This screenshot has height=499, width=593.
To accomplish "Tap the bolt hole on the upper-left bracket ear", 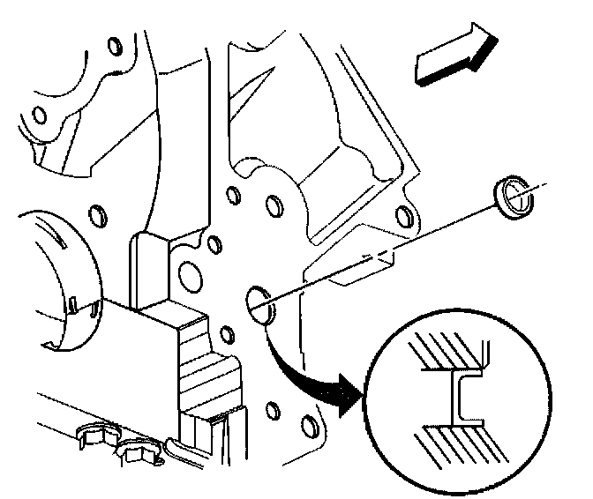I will pyautogui.click(x=37, y=115).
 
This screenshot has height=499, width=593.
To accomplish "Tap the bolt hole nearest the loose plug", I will pyautogui.click(x=404, y=216).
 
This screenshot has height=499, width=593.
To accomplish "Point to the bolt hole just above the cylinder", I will pyautogui.click(x=97, y=212).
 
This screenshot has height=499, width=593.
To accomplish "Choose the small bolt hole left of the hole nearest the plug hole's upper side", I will pyautogui.click(x=233, y=195).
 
